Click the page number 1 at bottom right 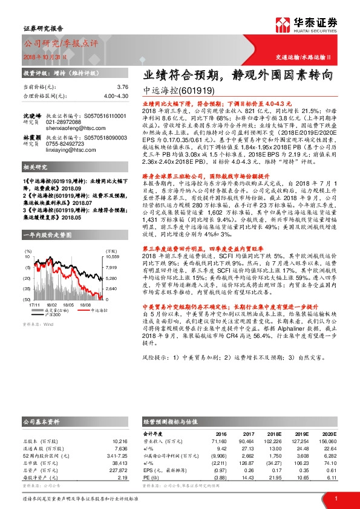click(335, 498)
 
